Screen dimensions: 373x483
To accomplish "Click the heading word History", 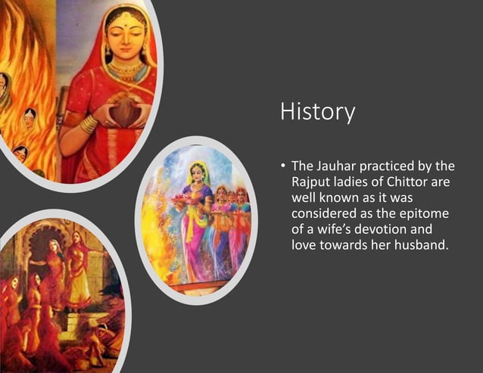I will click(317, 111).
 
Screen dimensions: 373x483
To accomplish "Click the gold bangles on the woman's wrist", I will click(89, 123).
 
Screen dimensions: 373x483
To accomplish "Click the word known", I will click(339, 200).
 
